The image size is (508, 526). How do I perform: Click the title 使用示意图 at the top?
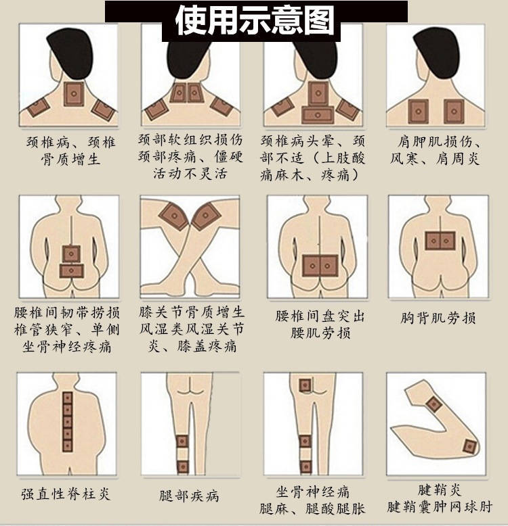click(x=255, y=20)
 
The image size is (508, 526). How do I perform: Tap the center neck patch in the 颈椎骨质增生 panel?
click(x=72, y=95)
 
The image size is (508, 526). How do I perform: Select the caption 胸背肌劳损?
click(x=439, y=317)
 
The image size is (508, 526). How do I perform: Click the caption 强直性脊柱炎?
click(x=65, y=494)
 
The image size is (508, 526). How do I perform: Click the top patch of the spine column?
click(x=67, y=398)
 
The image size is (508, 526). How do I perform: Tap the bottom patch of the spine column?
click(x=67, y=446)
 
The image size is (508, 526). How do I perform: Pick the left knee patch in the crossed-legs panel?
click(x=173, y=216)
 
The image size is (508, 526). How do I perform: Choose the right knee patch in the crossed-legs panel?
click(x=207, y=216)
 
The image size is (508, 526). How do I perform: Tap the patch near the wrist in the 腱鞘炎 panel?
click(x=469, y=446)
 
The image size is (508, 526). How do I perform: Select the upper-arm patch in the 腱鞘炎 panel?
click(x=433, y=404)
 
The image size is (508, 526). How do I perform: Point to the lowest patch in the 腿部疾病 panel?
click(x=182, y=466)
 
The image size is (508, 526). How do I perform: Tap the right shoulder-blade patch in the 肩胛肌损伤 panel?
click(x=452, y=110)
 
